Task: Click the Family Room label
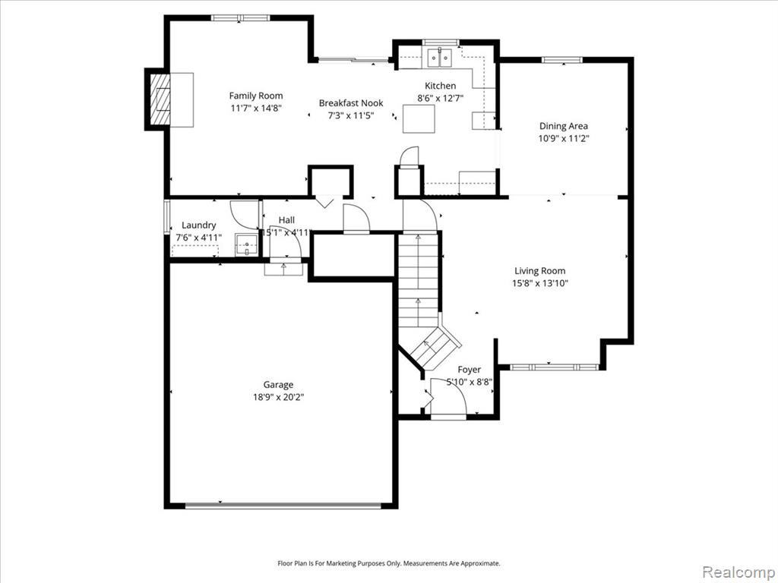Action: click(x=256, y=96)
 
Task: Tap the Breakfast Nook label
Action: click(x=351, y=103)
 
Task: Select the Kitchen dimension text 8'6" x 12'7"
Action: click(x=441, y=98)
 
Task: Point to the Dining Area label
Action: click(x=564, y=126)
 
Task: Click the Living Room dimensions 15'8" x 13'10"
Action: click(x=540, y=284)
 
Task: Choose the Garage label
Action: click(x=278, y=385)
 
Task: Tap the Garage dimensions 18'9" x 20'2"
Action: click(x=278, y=397)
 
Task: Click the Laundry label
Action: click(x=199, y=225)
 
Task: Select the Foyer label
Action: click(x=470, y=370)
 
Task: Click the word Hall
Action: click(x=286, y=220)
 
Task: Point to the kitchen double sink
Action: click(x=439, y=58)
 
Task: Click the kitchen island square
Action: click(x=419, y=118)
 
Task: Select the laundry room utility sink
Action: click(x=247, y=245)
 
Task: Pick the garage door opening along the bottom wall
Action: click(x=283, y=506)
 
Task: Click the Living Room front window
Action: click(x=554, y=367)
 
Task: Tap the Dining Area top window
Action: click(x=561, y=60)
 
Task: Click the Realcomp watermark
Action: click(x=738, y=572)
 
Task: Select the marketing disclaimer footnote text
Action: click(x=388, y=563)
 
